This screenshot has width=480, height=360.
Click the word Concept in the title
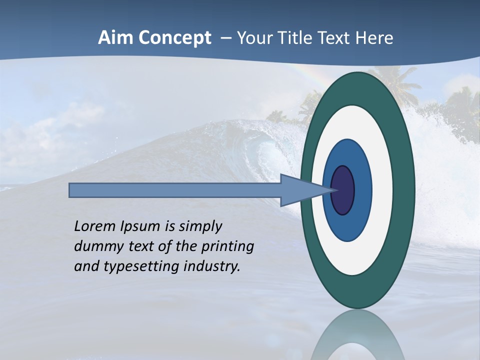174,38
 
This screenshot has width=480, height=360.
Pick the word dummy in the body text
99,247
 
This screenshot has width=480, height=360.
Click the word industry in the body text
212,267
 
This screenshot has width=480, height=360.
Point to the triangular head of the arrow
300,190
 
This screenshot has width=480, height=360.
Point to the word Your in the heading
253,38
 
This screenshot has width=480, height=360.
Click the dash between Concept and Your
226,38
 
